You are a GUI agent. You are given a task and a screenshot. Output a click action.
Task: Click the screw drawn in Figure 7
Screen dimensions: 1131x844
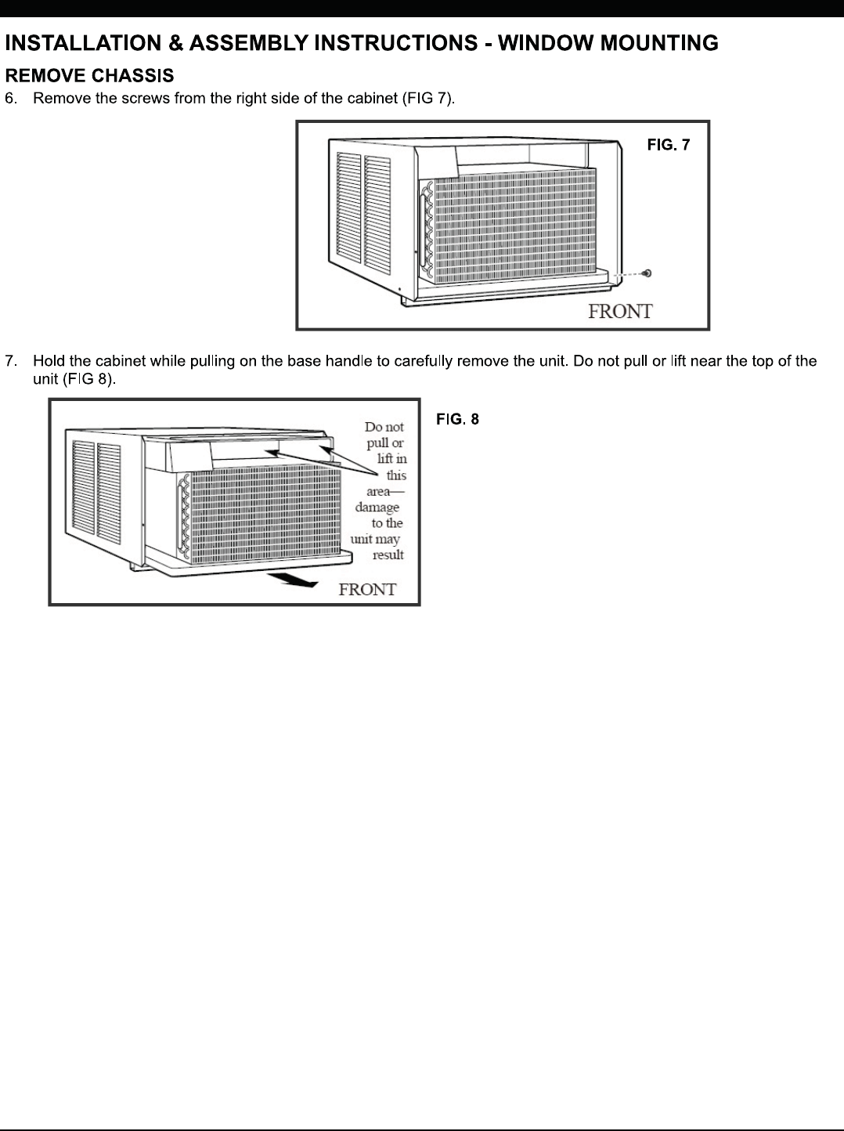647,273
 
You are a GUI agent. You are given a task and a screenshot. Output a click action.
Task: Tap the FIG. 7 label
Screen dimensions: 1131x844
668,145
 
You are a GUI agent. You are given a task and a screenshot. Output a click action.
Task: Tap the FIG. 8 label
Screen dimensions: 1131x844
457,420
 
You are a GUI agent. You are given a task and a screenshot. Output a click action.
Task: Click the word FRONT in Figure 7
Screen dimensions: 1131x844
620,311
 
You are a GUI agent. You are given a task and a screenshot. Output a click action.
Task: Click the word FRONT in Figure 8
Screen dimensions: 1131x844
367,589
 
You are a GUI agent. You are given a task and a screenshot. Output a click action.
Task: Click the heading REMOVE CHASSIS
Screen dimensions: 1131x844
89,76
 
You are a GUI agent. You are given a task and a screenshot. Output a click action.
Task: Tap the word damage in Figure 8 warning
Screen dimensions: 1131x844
377,507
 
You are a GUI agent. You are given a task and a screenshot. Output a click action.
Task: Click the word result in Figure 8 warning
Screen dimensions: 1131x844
388,555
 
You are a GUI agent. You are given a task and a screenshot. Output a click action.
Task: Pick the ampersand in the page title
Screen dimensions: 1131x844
176,43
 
